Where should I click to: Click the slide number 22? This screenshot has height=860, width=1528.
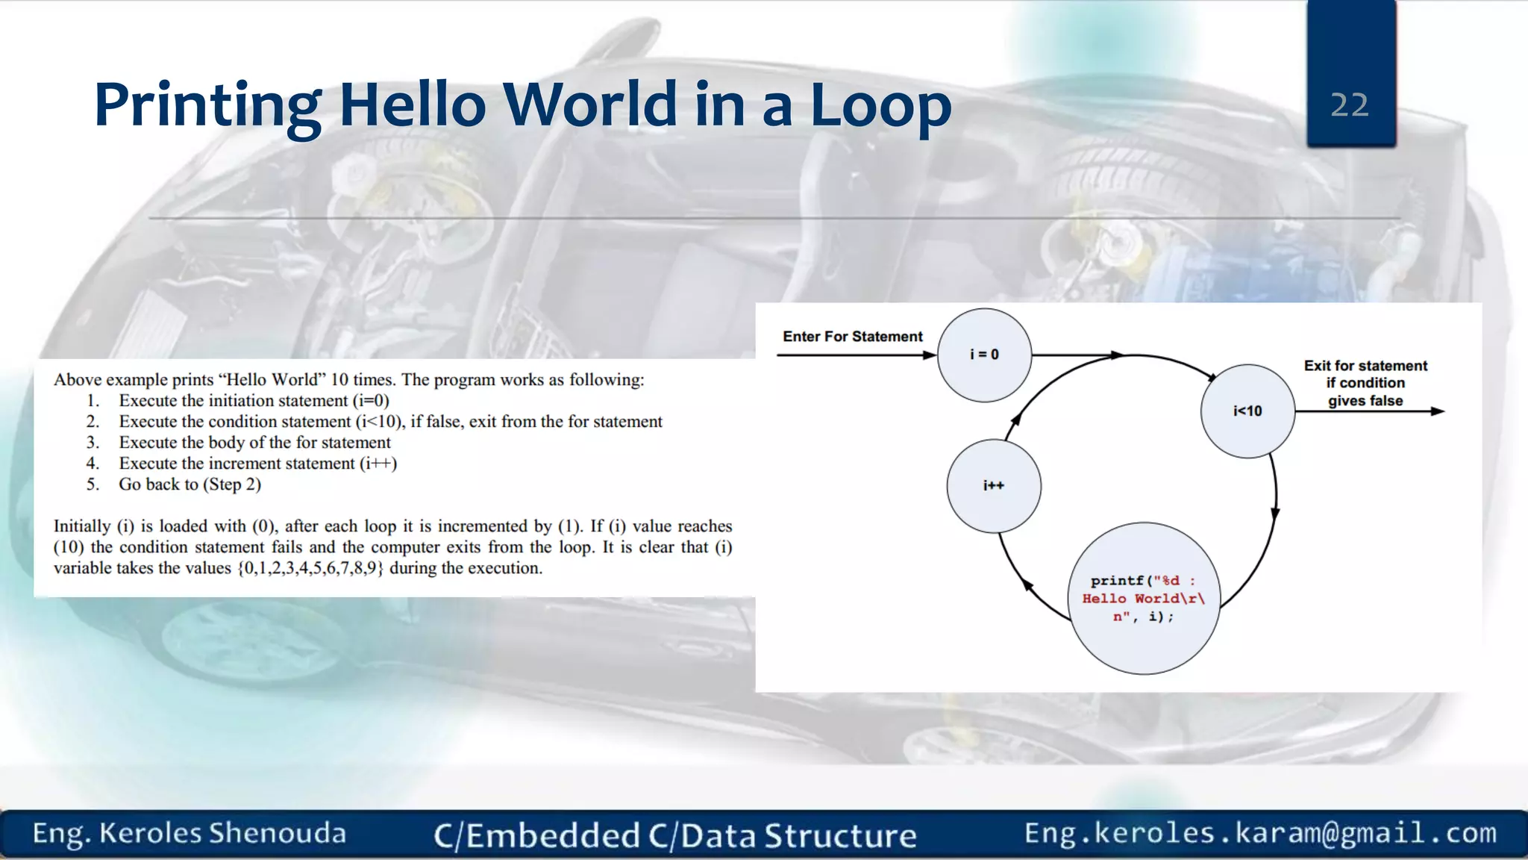click(x=1350, y=105)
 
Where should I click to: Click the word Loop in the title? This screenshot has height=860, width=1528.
click(x=880, y=105)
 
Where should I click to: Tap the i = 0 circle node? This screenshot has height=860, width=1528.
click(x=984, y=355)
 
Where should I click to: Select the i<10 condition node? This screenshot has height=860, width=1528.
click(x=1247, y=411)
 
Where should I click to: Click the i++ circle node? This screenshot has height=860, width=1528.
click(x=994, y=486)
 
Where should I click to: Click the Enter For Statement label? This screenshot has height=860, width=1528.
click(x=852, y=337)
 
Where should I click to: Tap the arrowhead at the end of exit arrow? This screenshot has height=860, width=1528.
click(x=1438, y=411)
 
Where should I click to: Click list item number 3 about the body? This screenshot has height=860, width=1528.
click(x=254, y=443)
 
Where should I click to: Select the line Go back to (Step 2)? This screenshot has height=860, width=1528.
click(x=190, y=484)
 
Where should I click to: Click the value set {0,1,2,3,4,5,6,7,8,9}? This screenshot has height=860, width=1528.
click(x=310, y=568)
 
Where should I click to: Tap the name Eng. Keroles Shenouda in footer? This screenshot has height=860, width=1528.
click(x=190, y=833)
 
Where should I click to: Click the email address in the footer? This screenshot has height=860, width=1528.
click(x=1260, y=833)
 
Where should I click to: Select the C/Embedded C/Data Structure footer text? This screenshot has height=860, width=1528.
click(x=674, y=835)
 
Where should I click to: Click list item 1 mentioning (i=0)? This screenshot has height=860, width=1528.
click(x=254, y=401)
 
